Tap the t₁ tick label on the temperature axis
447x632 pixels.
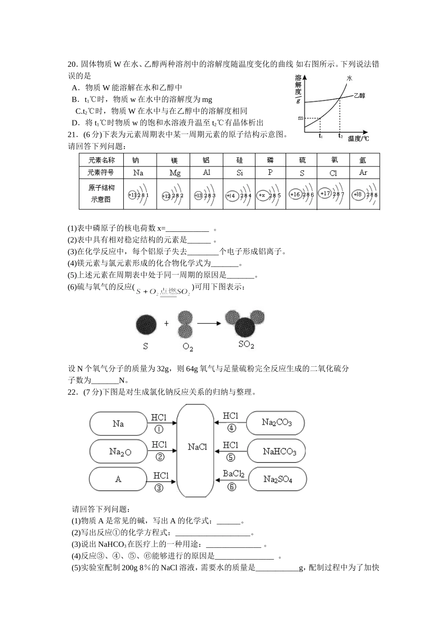(320, 136)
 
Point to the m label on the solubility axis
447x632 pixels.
(300, 118)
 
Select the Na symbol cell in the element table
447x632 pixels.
(138, 173)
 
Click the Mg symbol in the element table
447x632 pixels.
(175, 173)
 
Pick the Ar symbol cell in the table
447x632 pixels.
(363, 172)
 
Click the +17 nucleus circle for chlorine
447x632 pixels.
(325, 193)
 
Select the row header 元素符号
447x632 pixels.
(101, 173)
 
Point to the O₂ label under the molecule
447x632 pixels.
(188, 348)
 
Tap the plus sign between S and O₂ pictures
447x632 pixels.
(166, 324)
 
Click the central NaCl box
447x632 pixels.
(197, 447)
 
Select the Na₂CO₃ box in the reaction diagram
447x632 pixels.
(277, 422)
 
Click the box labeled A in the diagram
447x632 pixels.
(118, 479)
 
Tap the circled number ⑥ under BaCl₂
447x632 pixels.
(231, 487)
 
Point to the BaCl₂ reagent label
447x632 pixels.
(234, 474)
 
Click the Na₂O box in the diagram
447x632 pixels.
(120, 451)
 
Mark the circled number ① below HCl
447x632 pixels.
(159, 429)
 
